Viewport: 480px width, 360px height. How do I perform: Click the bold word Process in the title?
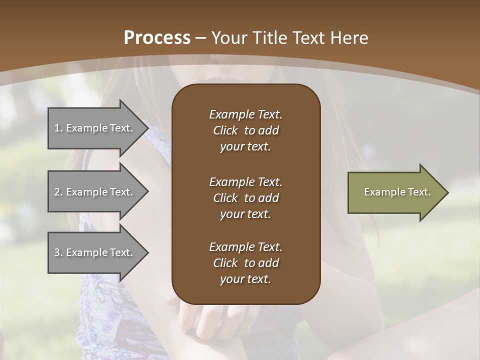(x=157, y=38)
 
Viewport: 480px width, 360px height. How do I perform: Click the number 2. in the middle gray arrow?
(x=58, y=192)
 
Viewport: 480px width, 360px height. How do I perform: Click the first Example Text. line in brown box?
(x=245, y=114)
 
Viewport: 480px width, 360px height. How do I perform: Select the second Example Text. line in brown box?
(x=245, y=182)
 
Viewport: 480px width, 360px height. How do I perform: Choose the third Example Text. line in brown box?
(x=245, y=247)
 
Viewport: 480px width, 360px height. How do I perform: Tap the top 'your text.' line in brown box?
(x=245, y=147)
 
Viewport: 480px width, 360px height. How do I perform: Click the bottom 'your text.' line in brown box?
(x=245, y=279)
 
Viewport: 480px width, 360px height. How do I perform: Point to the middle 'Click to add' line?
(x=245, y=198)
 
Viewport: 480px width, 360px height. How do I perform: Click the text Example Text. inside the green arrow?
(x=397, y=192)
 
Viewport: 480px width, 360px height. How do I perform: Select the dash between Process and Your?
(x=201, y=38)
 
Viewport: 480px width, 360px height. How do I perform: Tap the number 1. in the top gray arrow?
(x=58, y=128)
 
